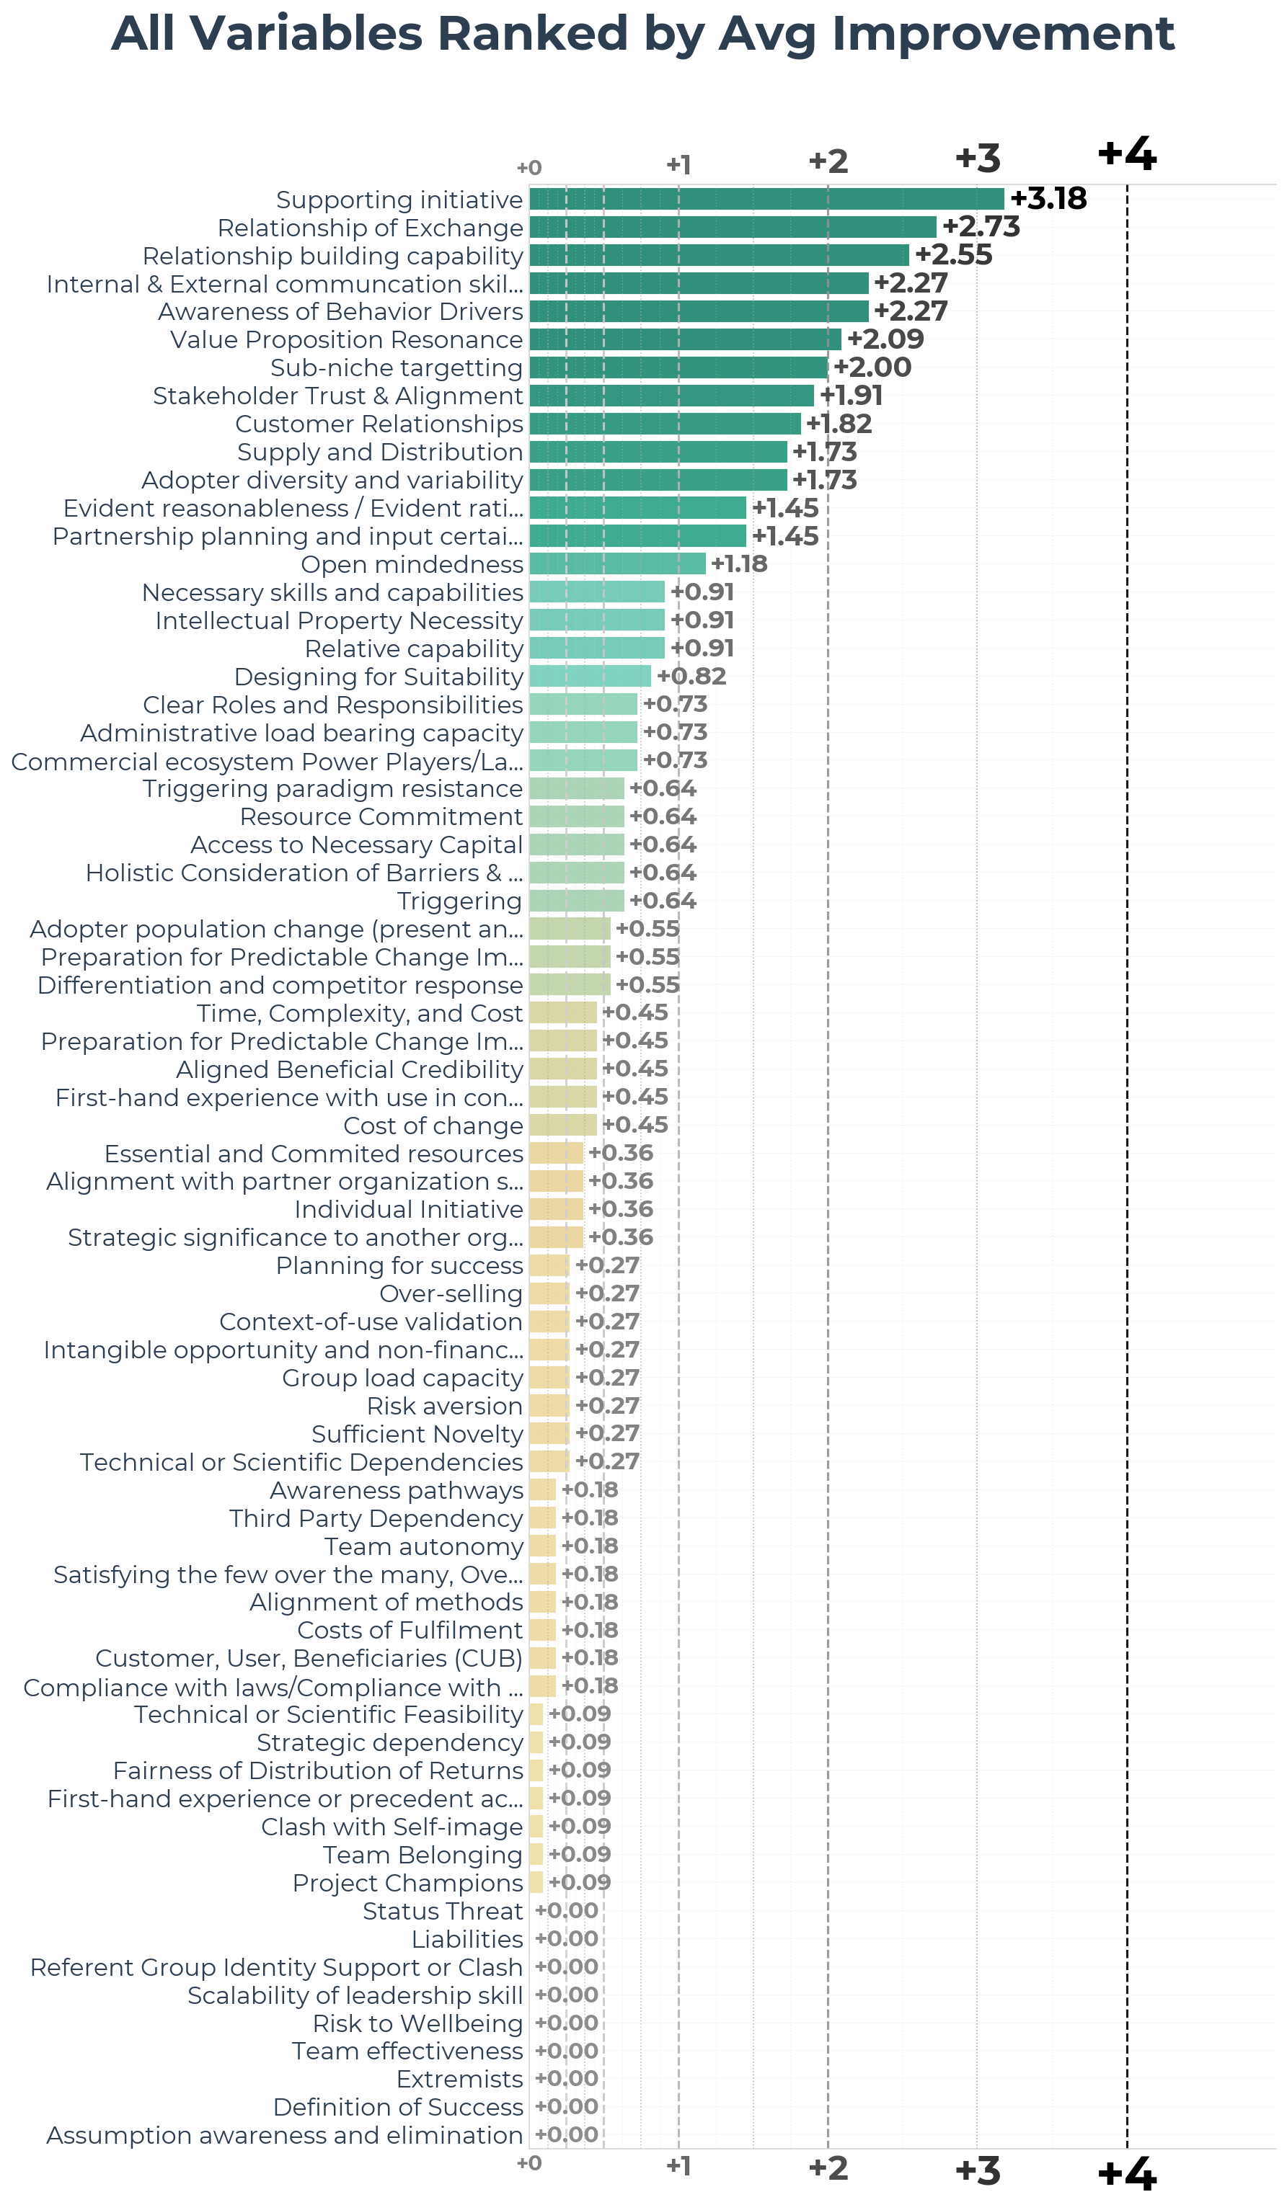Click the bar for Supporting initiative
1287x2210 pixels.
coord(766,199)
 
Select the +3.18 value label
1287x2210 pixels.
coord(1048,199)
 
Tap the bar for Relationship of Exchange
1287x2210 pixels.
coord(733,227)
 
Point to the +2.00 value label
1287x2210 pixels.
coord(872,367)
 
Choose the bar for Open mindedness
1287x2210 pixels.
coord(616,564)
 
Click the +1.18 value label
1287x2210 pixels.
coord(739,564)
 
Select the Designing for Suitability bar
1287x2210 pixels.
coord(590,676)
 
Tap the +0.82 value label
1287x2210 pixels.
coord(691,676)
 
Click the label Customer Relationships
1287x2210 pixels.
coord(379,424)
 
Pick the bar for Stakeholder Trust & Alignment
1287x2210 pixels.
coord(671,396)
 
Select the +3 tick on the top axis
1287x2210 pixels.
coord(977,159)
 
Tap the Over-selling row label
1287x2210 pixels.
coord(451,1294)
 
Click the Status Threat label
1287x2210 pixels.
coord(442,1912)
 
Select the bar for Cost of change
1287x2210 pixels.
coord(562,1125)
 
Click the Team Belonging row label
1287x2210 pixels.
coord(422,1855)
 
